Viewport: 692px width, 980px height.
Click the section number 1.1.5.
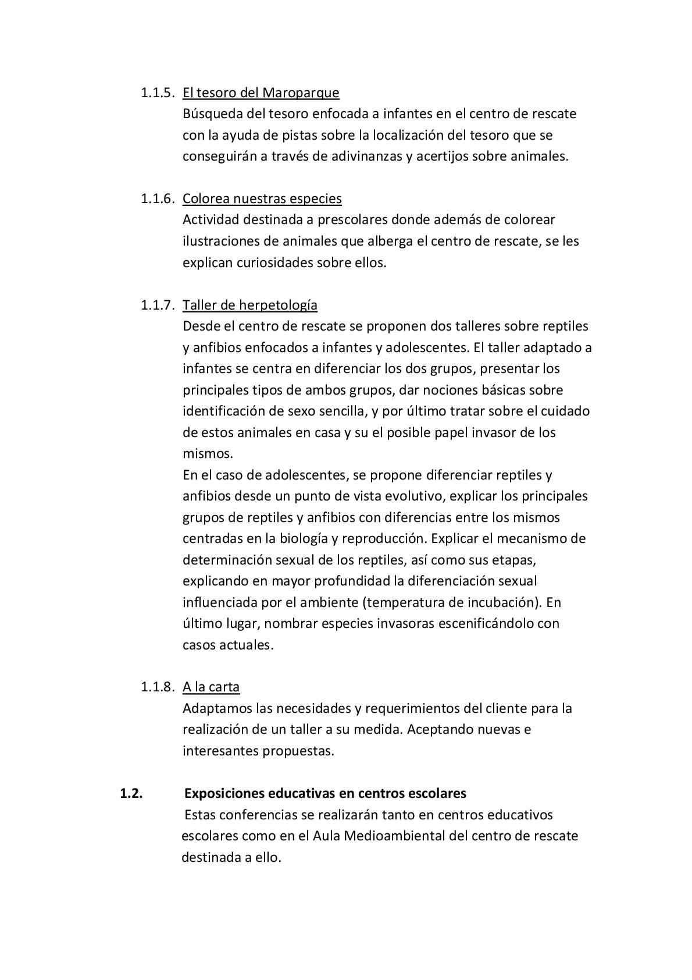pos(157,93)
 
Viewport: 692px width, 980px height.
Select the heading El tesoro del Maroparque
pos(261,93)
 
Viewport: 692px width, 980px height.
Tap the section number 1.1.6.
pos(157,198)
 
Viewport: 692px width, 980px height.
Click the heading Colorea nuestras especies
pos(262,198)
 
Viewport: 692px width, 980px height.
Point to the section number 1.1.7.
pos(157,305)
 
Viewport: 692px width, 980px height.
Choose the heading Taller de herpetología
pos(250,305)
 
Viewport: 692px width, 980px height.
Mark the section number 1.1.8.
pos(157,687)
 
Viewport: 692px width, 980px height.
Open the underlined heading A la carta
pos(211,687)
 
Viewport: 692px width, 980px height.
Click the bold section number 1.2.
pos(131,793)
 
